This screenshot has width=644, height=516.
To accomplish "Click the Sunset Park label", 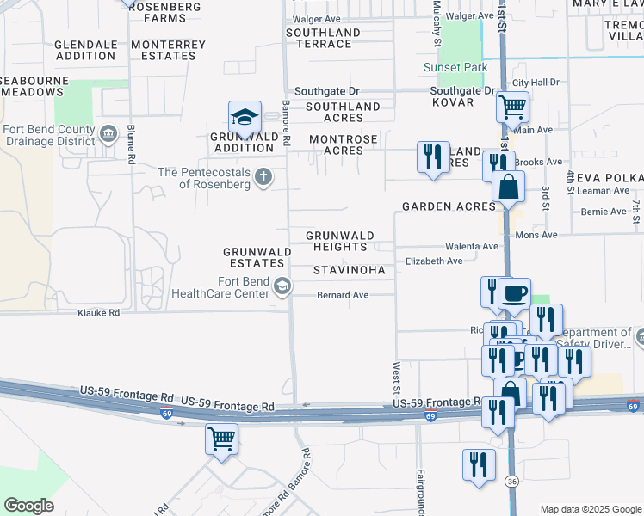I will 455,68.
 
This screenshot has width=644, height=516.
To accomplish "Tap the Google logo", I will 28,506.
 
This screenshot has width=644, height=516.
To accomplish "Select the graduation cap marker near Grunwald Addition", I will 245,117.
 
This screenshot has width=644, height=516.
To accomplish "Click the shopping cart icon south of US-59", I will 221,439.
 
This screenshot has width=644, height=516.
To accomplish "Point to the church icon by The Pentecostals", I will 263,178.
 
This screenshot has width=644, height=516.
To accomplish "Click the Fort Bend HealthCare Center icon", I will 282,286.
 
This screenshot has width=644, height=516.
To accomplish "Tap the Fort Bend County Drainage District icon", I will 108,134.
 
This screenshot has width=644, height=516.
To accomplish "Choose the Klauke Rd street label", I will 98,313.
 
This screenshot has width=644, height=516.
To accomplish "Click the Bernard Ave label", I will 344,295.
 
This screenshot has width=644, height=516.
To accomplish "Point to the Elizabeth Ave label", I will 434,261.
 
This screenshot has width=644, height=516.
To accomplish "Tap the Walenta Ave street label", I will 472,246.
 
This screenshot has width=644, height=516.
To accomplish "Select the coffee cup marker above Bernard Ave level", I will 514,293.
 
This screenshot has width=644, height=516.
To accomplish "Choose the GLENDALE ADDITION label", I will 85,50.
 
